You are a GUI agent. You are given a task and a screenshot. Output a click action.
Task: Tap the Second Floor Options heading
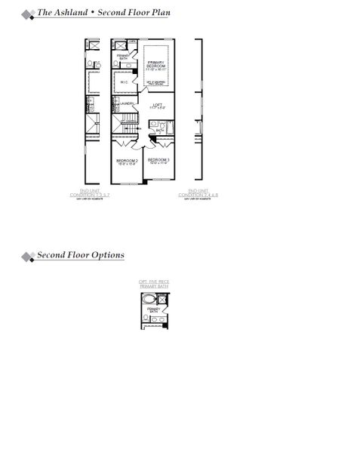(81, 255)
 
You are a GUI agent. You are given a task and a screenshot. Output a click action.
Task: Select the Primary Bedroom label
(156, 66)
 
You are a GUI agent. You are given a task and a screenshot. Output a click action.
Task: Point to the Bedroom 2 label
(126, 162)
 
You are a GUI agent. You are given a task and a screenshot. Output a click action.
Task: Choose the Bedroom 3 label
(158, 161)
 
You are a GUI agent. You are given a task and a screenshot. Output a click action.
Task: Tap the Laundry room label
(127, 103)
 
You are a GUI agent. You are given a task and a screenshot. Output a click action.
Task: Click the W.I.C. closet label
(123, 82)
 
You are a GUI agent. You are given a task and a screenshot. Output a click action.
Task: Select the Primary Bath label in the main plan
(122, 57)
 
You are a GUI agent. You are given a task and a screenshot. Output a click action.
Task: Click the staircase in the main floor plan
(125, 124)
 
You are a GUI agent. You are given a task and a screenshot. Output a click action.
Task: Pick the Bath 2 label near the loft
(160, 131)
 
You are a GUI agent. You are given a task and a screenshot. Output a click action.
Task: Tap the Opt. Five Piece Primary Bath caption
(154, 284)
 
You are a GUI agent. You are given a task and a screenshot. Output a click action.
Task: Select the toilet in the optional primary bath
(164, 299)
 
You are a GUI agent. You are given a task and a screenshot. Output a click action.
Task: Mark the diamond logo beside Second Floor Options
(28, 257)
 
